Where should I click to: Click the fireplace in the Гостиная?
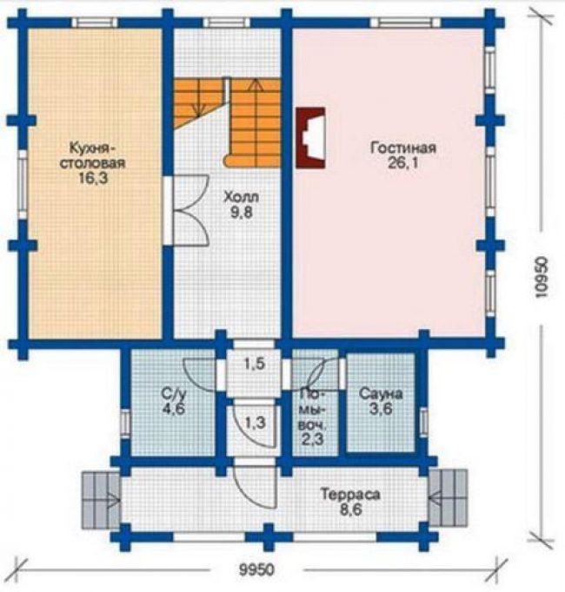click(311, 137)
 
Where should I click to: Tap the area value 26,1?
click(403, 163)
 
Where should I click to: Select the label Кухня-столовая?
click(93, 155)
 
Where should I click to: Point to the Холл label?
click(242, 197)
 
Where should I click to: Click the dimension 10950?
click(542, 278)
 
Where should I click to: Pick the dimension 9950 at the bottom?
click(256, 569)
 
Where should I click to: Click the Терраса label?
click(350, 494)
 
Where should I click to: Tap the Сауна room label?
click(381, 394)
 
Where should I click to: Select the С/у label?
click(174, 394)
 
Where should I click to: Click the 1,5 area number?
click(254, 364)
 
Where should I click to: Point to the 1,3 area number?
click(256, 423)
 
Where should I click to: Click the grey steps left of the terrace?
click(101, 499)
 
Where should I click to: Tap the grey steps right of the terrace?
click(448, 498)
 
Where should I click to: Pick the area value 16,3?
click(93, 178)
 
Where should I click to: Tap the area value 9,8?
click(242, 213)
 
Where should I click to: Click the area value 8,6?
click(350, 510)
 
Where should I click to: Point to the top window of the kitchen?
click(95, 23)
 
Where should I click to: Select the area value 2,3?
click(312, 439)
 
